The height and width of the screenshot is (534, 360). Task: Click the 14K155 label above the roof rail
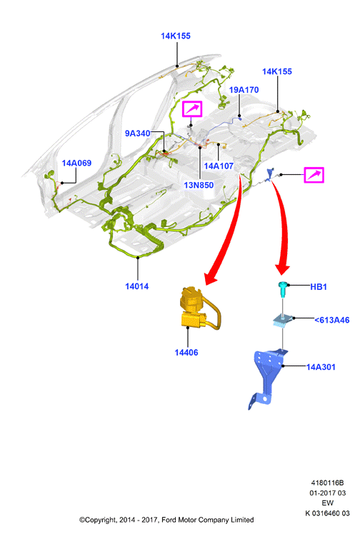[x=176, y=36]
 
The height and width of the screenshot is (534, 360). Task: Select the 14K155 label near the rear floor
[x=277, y=71]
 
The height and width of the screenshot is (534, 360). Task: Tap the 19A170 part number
[x=244, y=90]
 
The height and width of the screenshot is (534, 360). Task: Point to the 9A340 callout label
[x=138, y=133]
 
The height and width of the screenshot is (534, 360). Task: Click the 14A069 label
[x=76, y=163]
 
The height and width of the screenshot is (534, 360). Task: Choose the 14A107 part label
[x=219, y=166]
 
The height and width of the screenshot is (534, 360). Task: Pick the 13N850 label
[x=199, y=186]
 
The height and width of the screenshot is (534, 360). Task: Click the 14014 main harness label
[x=137, y=286]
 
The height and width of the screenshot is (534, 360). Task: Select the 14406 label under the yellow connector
[x=186, y=353]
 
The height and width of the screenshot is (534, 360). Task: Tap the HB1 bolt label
[x=319, y=287]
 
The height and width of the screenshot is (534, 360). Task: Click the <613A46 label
[x=331, y=320]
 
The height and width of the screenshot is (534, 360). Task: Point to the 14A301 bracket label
[x=321, y=367]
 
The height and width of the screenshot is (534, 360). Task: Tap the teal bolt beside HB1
[x=283, y=289]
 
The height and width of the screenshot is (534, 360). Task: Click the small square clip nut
[x=284, y=321]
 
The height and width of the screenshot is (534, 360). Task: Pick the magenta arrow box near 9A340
[x=192, y=109]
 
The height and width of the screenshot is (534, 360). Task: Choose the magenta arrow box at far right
[x=314, y=175]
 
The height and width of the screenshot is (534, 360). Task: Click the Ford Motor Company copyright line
[x=166, y=520]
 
